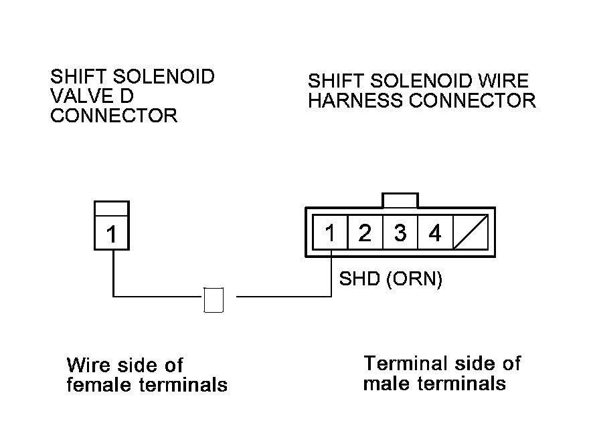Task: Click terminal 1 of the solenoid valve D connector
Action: [x=112, y=234]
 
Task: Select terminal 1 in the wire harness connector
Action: [x=329, y=234]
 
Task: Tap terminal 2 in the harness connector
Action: [x=365, y=234]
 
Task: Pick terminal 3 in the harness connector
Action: [x=400, y=234]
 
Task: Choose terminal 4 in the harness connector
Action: [x=435, y=234]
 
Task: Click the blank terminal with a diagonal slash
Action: [x=471, y=234]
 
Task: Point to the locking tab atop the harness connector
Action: [x=400, y=200]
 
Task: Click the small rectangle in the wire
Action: [x=214, y=300]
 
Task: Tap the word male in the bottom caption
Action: [x=388, y=384]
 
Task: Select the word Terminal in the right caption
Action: [x=404, y=364]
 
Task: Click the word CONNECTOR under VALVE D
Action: [x=114, y=116]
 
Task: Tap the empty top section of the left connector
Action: [x=112, y=208]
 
